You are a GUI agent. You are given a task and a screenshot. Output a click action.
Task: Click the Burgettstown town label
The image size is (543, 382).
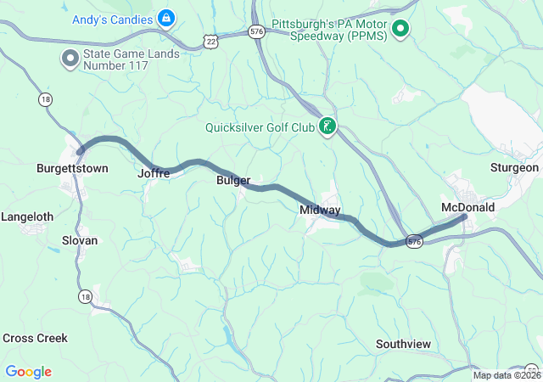(x=72, y=169)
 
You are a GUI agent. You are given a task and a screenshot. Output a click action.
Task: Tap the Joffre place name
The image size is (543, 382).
(x=154, y=173)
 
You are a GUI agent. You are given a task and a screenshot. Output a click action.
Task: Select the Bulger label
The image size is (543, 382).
(x=233, y=181)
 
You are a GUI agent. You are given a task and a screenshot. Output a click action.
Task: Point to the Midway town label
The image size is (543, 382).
(x=320, y=210)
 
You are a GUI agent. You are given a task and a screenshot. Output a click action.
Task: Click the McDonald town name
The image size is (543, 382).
(x=467, y=207)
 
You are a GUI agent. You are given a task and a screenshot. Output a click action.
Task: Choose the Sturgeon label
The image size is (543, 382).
(x=514, y=168)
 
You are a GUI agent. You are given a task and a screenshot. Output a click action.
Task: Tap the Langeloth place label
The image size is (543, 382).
(x=27, y=217)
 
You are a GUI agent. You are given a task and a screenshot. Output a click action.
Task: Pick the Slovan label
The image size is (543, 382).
(x=80, y=240)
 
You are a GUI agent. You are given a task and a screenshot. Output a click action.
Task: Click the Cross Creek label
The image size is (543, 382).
(x=35, y=338)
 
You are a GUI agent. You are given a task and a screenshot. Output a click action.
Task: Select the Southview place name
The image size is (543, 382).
(x=403, y=344)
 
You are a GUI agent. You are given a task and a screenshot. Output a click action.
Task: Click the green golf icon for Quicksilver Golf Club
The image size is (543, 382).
(x=327, y=128)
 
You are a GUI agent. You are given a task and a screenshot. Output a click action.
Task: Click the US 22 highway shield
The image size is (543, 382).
(x=210, y=41)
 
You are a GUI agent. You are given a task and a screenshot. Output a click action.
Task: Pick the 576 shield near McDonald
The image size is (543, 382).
(x=414, y=241)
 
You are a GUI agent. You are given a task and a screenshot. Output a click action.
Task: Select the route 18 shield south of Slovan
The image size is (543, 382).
(x=85, y=296)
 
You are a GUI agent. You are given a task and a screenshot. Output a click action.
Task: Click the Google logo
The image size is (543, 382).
(x=28, y=372)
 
